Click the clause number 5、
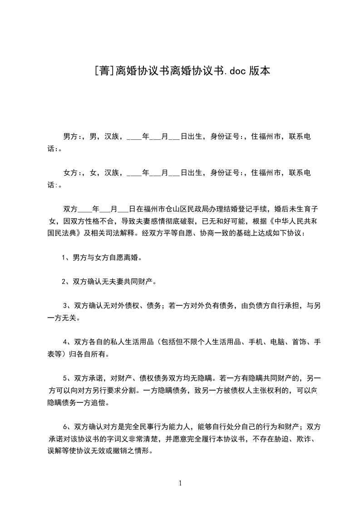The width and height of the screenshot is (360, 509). [x=67, y=378]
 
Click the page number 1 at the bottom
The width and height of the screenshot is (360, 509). [x=180, y=484]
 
